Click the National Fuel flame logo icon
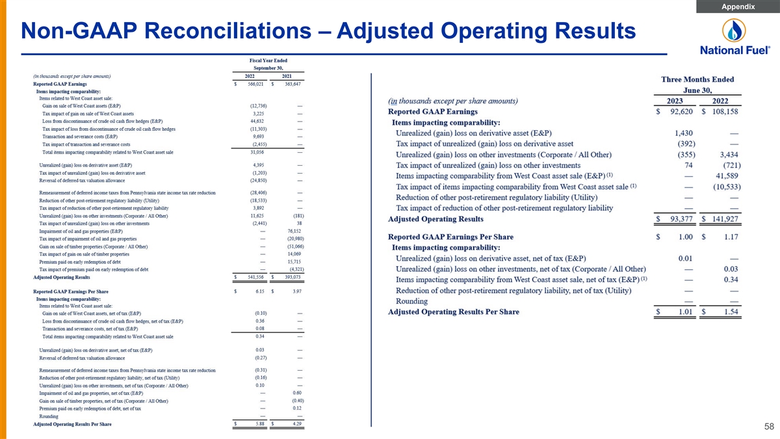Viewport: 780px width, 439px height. (735, 31)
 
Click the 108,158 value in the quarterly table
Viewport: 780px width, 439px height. (723, 112)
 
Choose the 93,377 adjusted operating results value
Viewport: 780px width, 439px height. (676, 219)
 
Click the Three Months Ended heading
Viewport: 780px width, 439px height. (697, 79)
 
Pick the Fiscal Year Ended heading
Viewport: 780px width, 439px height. (268, 60)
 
